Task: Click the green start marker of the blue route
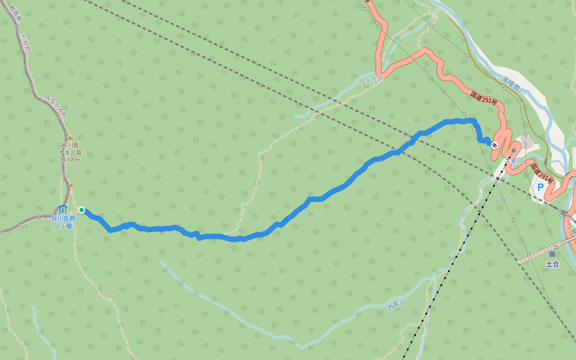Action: (81, 210)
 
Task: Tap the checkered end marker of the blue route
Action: (494, 145)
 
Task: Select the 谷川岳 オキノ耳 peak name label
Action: (70, 149)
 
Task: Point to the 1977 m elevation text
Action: (70, 160)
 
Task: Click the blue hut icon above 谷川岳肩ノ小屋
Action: (63, 208)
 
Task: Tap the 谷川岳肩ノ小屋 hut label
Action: (63, 222)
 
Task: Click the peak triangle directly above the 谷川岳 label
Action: (70, 138)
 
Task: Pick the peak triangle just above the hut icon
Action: (70, 185)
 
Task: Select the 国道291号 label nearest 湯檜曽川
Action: (484, 98)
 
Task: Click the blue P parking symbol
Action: (540, 187)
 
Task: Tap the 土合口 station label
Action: (514, 160)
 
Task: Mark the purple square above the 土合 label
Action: (552, 254)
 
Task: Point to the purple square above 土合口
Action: (514, 151)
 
